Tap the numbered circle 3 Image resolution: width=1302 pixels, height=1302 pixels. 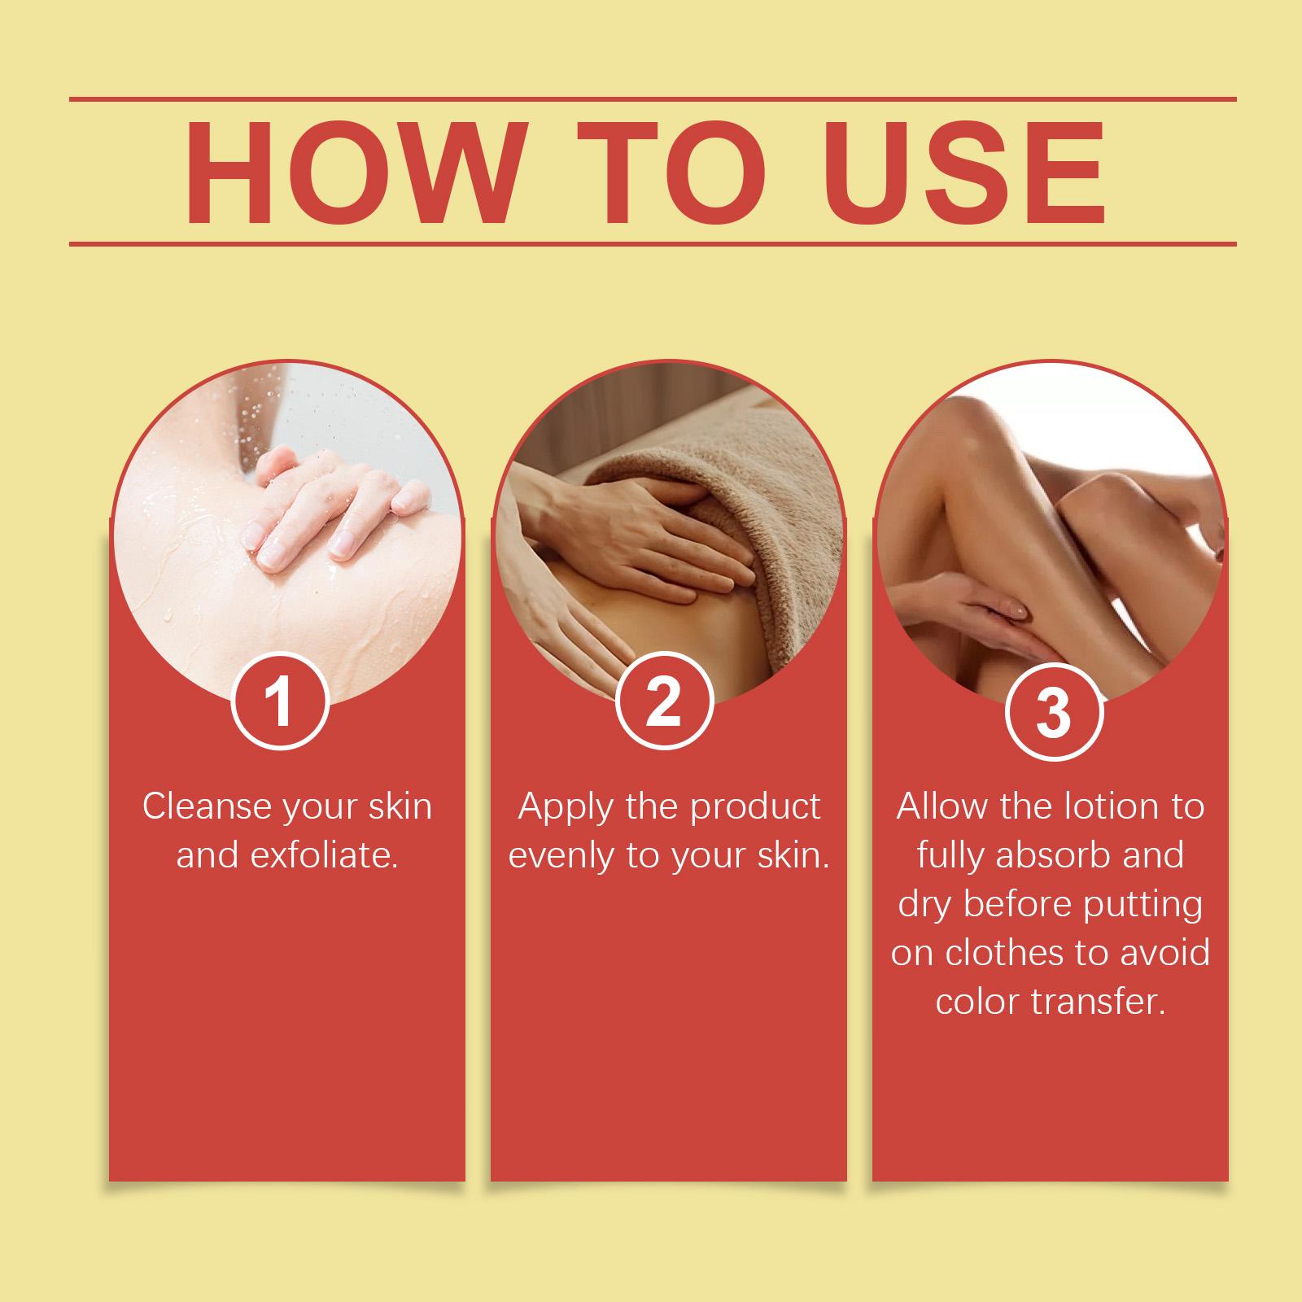1054,713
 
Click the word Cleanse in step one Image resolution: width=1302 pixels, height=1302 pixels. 207,806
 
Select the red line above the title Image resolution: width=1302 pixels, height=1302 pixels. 653,99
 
